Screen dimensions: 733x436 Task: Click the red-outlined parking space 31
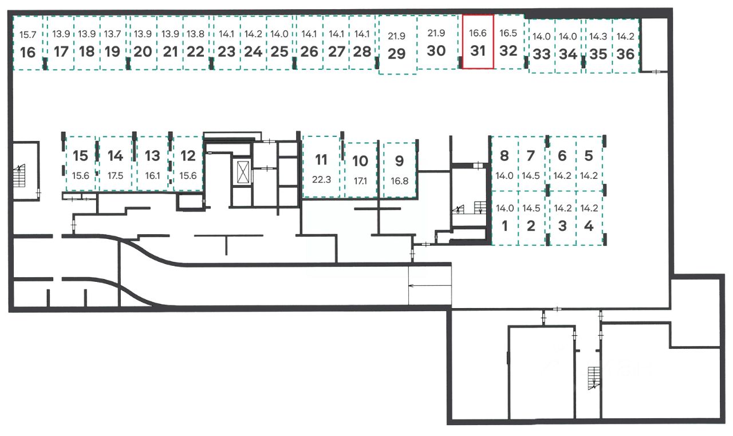(x=478, y=42)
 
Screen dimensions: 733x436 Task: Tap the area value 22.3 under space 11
(x=321, y=179)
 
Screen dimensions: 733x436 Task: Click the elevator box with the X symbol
(x=243, y=172)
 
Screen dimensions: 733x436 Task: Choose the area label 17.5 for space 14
(x=115, y=176)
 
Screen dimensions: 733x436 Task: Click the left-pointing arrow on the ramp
(x=430, y=286)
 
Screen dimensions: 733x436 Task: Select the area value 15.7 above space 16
(x=28, y=34)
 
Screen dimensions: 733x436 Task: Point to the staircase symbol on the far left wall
(x=19, y=175)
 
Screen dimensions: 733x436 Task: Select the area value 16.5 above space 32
(x=508, y=33)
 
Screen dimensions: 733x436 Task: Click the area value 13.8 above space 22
(x=195, y=34)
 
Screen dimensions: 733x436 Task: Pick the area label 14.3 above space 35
(x=598, y=37)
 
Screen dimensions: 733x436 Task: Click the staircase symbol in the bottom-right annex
(x=594, y=378)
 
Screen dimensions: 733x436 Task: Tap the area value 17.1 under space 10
(x=360, y=180)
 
